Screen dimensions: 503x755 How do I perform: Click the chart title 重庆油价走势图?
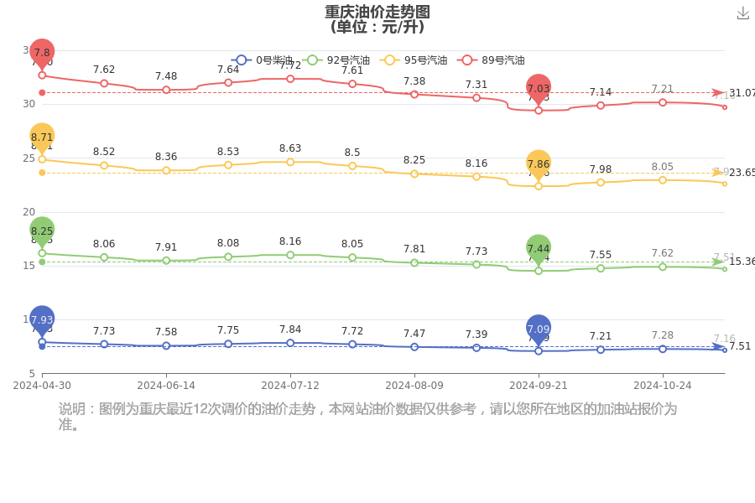click(x=377, y=12)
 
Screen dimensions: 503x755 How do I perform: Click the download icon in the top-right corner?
click(x=742, y=13)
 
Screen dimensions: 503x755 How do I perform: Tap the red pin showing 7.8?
click(x=42, y=53)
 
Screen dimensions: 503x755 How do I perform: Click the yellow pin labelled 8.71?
click(x=42, y=137)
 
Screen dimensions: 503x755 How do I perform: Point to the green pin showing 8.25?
click(x=42, y=231)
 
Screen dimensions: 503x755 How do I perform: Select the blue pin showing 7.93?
click(x=42, y=319)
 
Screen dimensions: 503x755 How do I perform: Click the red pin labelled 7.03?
click(x=539, y=88)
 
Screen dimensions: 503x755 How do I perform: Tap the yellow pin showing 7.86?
click(x=539, y=164)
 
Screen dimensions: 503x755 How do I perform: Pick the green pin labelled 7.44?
click(x=539, y=248)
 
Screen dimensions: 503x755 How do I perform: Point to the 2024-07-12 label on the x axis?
click(x=290, y=386)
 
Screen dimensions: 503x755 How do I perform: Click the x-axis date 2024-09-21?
click(x=539, y=386)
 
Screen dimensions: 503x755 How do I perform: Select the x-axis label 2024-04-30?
click(x=42, y=386)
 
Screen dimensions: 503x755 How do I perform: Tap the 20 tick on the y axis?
click(x=29, y=212)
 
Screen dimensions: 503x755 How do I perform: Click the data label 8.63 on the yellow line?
click(x=290, y=148)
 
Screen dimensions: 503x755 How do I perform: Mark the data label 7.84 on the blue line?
click(x=290, y=329)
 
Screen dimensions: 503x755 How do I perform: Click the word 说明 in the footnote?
click(x=72, y=409)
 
